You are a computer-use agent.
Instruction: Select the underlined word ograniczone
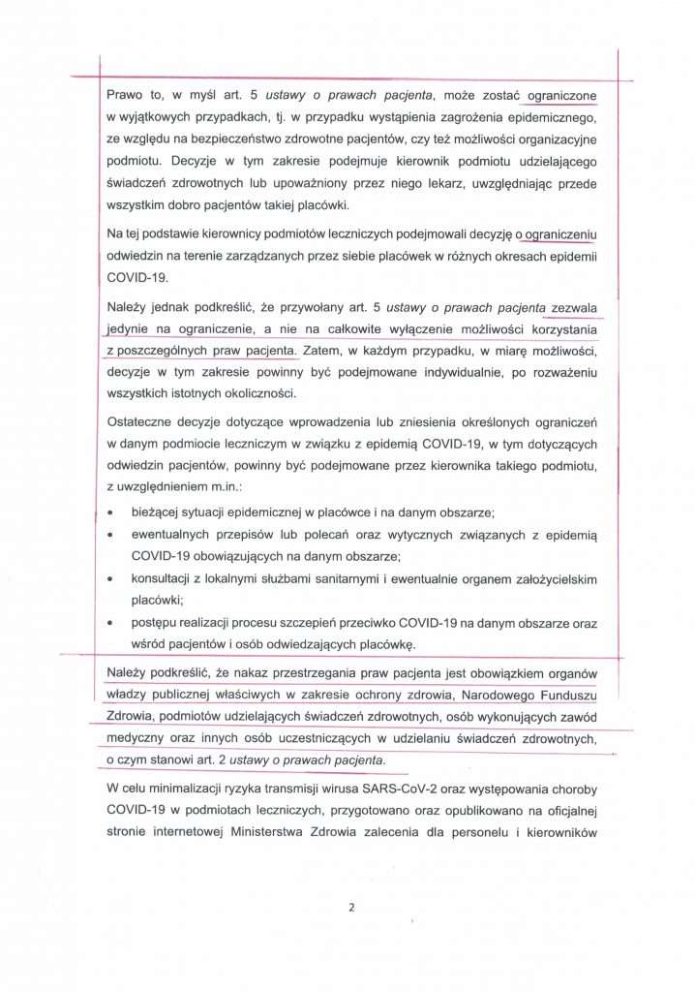tap(558, 95)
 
